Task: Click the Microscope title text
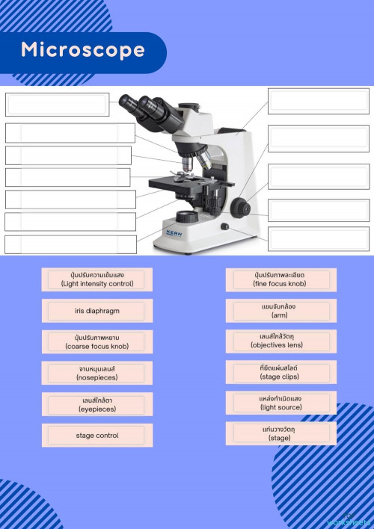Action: point(82,50)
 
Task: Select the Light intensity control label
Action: point(97,279)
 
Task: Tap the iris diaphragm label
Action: point(97,311)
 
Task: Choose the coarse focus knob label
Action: point(97,342)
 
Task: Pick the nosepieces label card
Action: point(97,373)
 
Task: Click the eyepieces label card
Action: point(97,404)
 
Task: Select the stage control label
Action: point(97,435)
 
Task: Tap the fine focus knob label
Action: point(280,279)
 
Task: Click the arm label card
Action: point(280,310)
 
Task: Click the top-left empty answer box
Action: point(57,105)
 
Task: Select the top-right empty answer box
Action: point(318,101)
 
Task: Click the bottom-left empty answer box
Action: point(70,244)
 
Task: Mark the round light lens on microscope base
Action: point(186,217)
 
